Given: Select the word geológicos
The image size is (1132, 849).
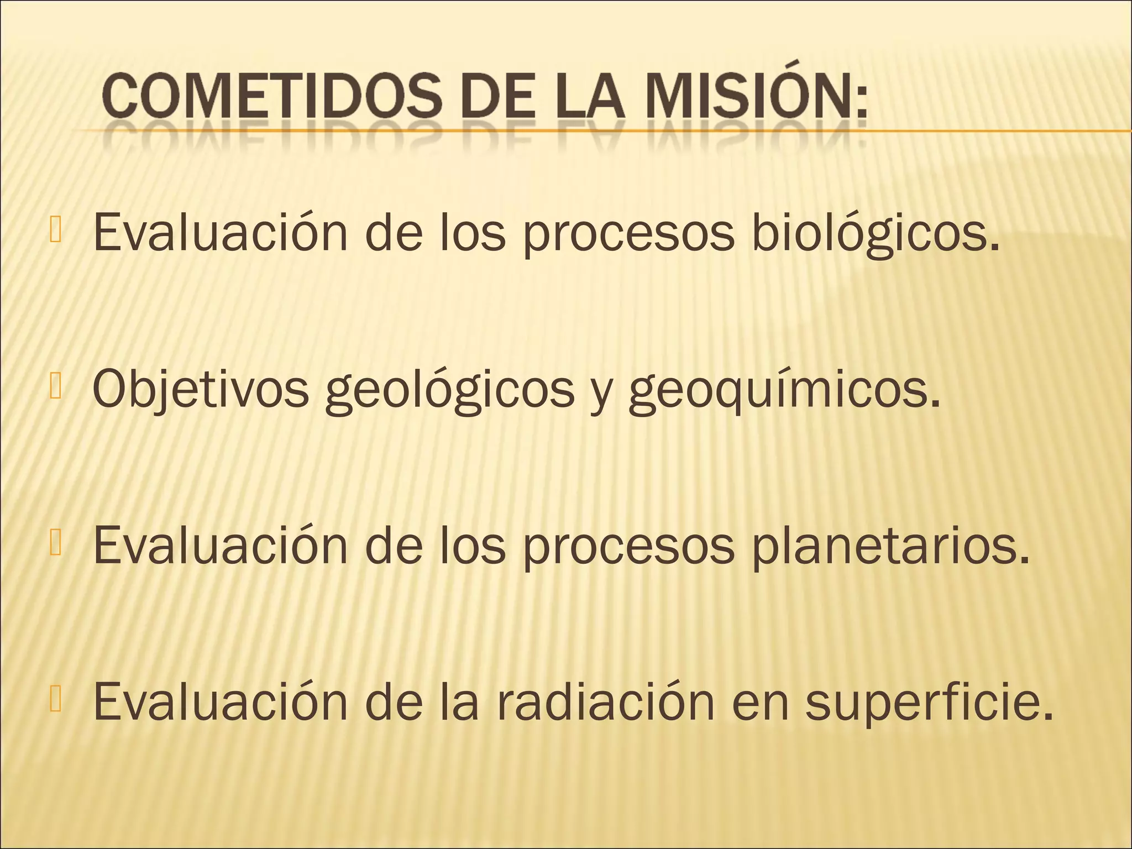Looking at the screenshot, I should pos(449,390).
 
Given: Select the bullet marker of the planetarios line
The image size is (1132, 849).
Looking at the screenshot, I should pos(57,544).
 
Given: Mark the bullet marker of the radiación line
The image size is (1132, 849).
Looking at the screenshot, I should pos(57,700).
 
